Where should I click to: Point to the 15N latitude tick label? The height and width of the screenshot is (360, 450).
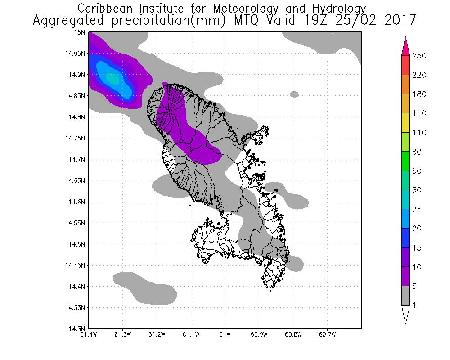pyautogui.click(x=81, y=32)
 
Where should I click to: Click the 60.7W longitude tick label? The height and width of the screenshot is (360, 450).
pyautogui.click(x=327, y=334)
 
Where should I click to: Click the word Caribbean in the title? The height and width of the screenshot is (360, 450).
pyautogui.click(x=103, y=9)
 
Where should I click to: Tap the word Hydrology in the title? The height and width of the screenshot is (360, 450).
pyautogui.click(x=340, y=9)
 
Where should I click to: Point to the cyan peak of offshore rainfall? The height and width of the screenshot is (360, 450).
pyautogui.click(x=112, y=79)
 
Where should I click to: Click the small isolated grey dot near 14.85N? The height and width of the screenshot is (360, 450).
pyautogui.click(x=294, y=94)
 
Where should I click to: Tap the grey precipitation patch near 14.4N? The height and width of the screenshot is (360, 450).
pyautogui.click(x=144, y=286)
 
